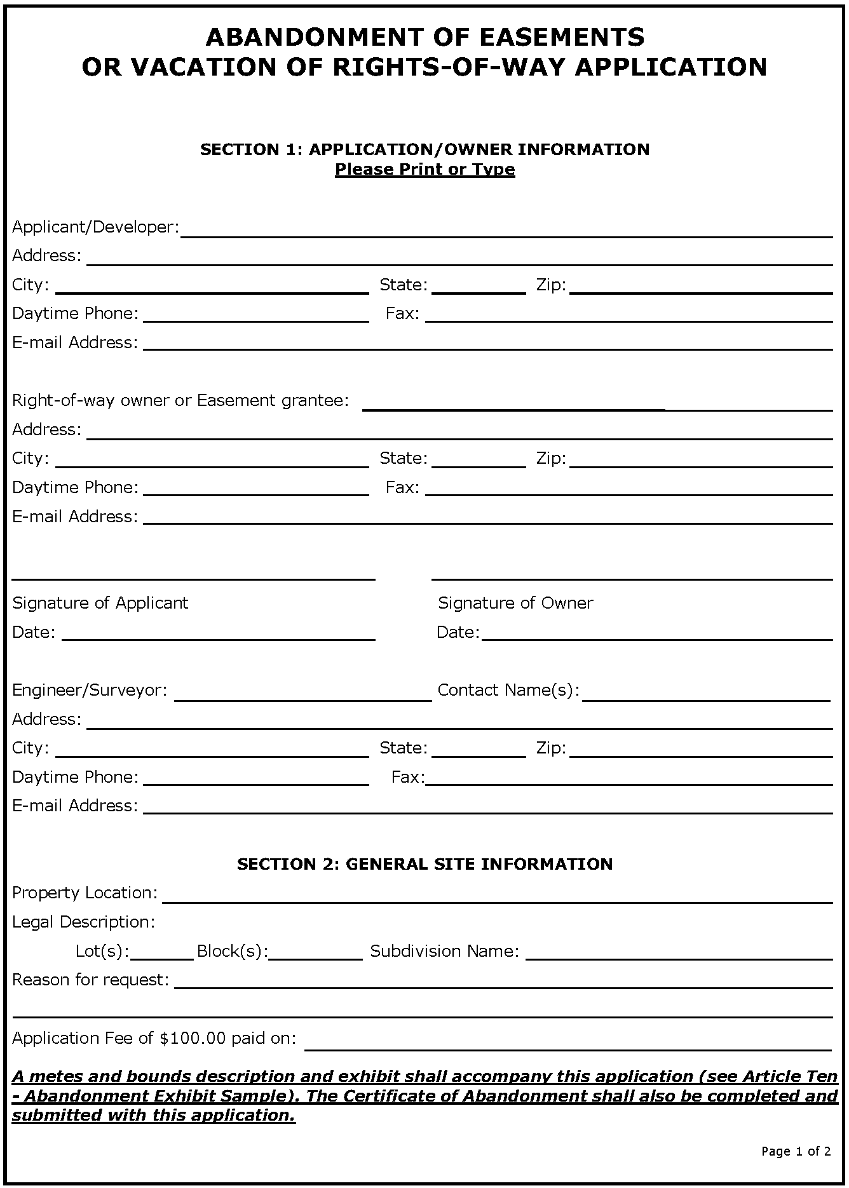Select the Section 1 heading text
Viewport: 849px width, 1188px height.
coord(424,149)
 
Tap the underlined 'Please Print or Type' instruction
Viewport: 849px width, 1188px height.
coord(424,170)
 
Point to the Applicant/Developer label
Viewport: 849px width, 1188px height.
coord(95,227)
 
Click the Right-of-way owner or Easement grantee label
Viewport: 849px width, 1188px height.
coord(180,400)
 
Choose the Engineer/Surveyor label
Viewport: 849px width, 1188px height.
coord(90,690)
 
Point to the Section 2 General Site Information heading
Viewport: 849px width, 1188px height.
coord(424,864)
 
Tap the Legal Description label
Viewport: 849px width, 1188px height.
coord(83,922)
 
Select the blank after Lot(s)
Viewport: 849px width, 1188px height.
coord(161,955)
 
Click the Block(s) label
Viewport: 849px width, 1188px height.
coord(232,951)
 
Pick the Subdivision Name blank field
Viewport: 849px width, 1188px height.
coord(679,955)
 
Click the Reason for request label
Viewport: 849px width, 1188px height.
coord(90,980)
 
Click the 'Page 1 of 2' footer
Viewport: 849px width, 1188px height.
coord(796,1151)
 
